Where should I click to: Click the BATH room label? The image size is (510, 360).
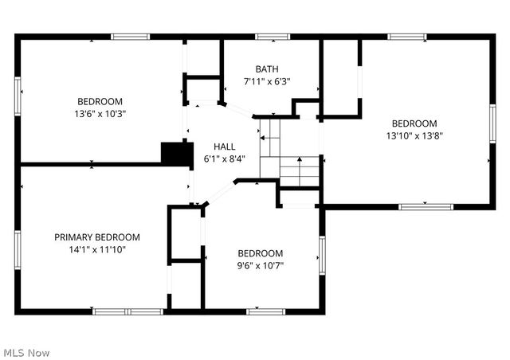(267, 69)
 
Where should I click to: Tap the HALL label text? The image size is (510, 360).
(224, 147)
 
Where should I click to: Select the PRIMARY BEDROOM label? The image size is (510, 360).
(97, 237)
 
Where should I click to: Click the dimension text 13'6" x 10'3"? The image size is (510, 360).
(100, 113)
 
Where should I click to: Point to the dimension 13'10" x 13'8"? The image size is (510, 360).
(414, 135)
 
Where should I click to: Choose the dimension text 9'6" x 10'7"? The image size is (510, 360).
(260, 265)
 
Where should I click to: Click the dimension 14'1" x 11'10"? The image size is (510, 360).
(97, 249)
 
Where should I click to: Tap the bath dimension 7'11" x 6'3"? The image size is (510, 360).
(267, 81)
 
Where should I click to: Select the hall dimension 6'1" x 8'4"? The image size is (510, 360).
(224, 158)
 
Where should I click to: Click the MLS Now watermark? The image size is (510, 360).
(26, 352)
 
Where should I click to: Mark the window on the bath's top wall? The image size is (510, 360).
(272, 36)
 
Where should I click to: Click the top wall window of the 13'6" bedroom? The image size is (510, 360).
(129, 36)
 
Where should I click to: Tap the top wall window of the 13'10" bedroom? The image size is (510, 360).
(406, 36)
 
